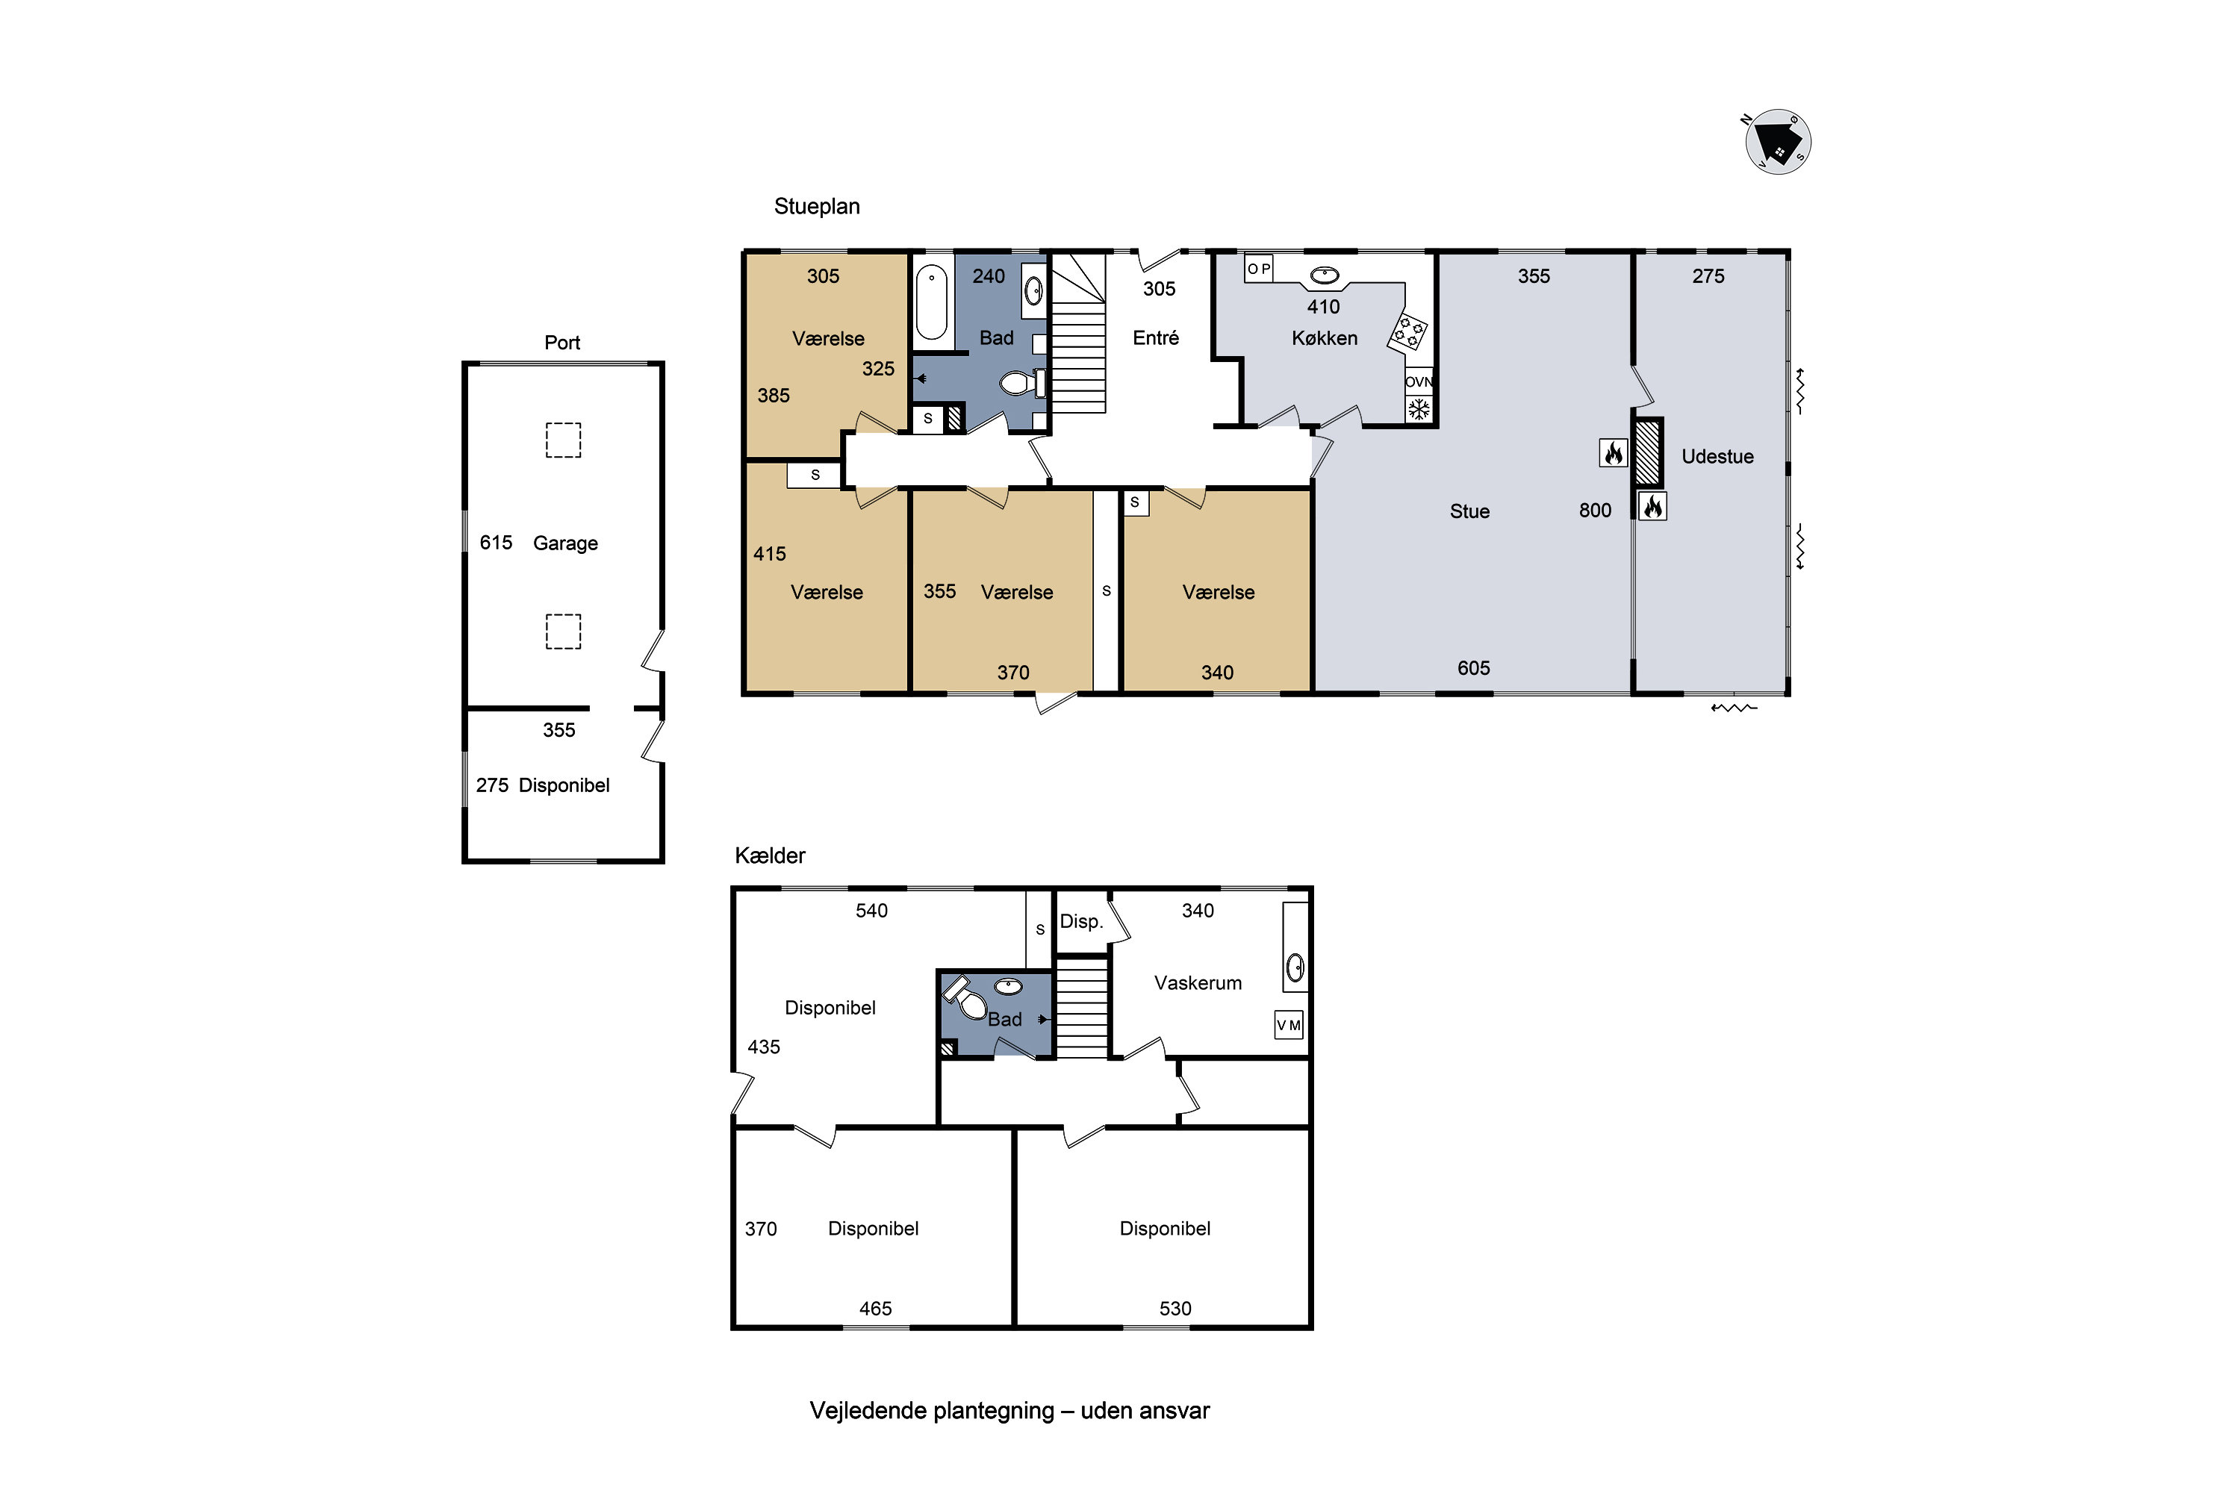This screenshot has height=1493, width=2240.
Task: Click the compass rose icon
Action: click(1777, 142)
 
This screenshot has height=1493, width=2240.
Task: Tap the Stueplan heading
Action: click(816, 207)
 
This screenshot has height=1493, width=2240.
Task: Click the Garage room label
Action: click(566, 543)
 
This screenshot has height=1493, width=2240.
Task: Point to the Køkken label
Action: click(1324, 338)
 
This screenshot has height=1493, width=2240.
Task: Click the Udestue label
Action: click(1717, 457)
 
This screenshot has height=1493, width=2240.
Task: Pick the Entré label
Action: click(1155, 338)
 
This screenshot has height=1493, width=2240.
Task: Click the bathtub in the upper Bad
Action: click(931, 302)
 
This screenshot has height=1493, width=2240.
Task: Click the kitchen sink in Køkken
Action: click(1324, 276)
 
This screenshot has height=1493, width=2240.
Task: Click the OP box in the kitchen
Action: click(1259, 269)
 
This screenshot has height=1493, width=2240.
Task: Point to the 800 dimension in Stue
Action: click(1595, 511)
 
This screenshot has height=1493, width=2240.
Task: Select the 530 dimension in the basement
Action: click(1175, 1309)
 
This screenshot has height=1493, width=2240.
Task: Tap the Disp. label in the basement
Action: click(1082, 922)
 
